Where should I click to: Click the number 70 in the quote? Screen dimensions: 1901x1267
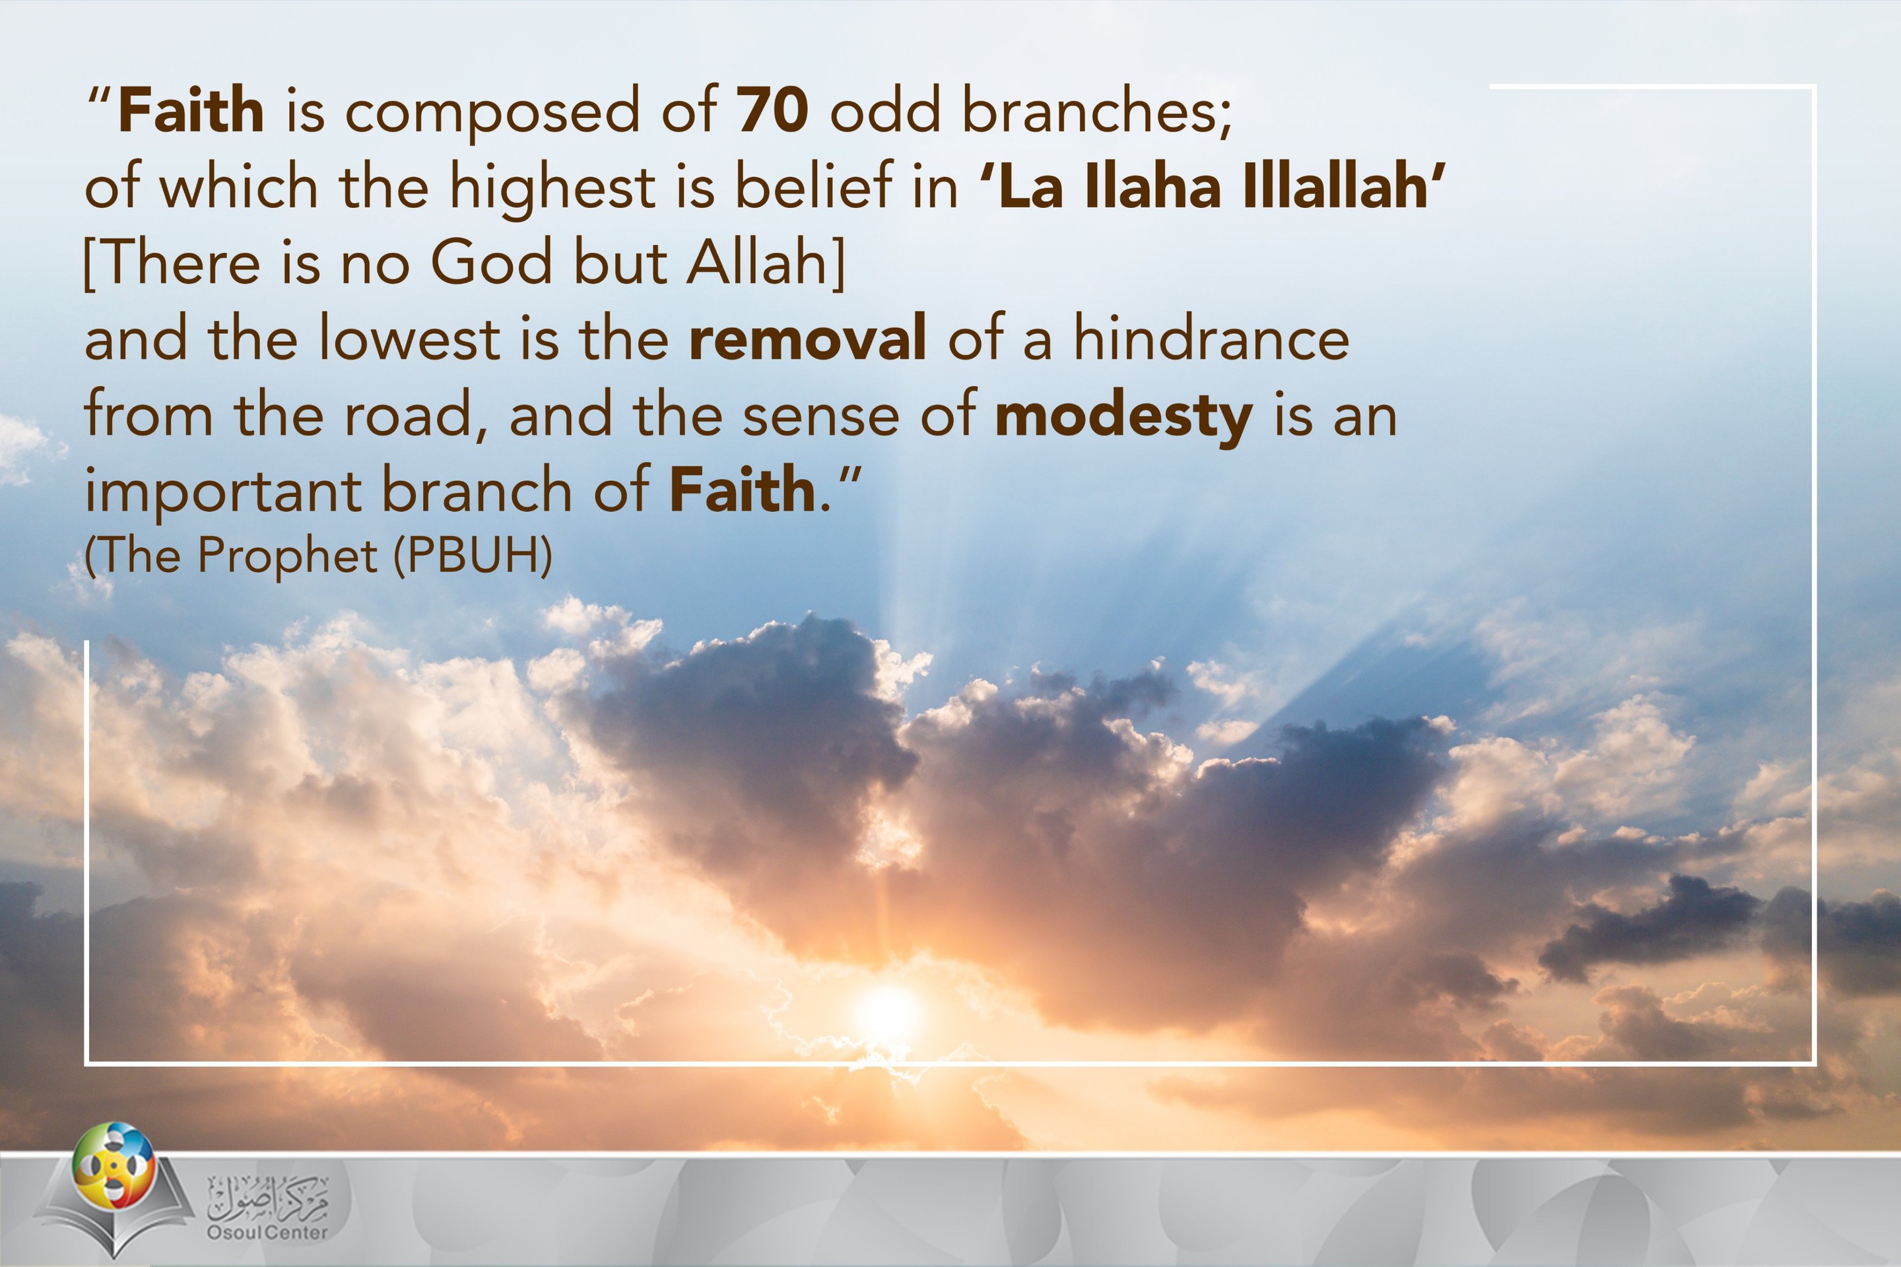[772, 110]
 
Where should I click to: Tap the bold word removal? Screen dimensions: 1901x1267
[807, 338]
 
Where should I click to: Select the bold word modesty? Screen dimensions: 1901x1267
[1123, 418]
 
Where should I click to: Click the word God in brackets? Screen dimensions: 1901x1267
[490, 263]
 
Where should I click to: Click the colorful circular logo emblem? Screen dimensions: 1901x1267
[113, 1164]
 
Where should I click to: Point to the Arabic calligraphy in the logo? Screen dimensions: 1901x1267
[267, 1196]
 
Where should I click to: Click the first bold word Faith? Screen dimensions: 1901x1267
[191, 110]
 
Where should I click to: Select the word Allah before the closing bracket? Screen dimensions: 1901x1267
[756, 263]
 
